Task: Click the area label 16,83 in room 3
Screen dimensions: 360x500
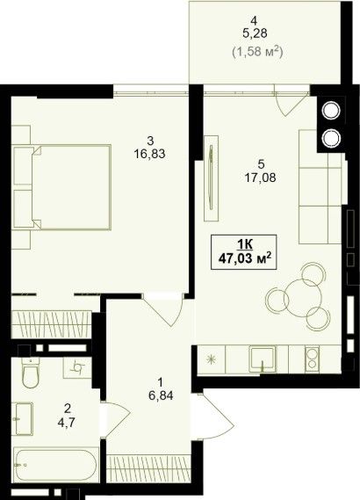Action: [150, 154]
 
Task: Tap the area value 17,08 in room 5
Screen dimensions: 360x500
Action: [260, 178]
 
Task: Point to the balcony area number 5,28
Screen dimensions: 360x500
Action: [255, 33]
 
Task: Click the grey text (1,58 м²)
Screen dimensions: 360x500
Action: [258, 52]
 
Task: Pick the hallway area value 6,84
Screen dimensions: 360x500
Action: [161, 395]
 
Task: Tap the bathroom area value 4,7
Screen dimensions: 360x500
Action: [67, 423]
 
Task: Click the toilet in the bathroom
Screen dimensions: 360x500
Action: [30, 373]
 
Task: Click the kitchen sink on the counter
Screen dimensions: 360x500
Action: [263, 359]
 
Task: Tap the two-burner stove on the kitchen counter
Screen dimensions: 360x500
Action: [313, 359]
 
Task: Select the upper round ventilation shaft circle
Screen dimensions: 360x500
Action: [331, 111]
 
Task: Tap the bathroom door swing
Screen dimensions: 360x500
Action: [115, 418]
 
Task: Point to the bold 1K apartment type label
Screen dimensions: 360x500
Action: [245, 244]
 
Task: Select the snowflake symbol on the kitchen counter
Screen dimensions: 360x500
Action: [210, 359]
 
